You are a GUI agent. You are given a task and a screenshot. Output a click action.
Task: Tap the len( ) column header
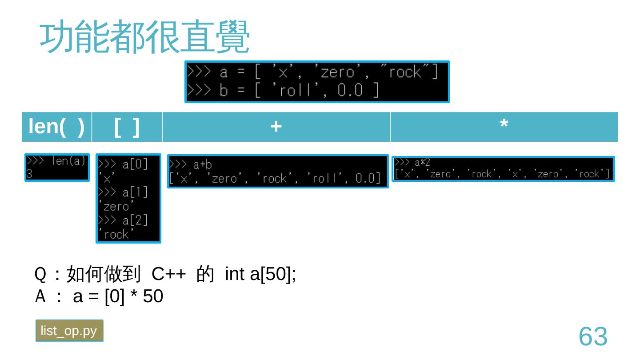click(x=56, y=127)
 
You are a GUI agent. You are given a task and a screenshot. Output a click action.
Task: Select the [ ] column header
click(x=127, y=127)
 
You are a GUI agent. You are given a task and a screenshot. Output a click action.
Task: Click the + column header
click(x=276, y=127)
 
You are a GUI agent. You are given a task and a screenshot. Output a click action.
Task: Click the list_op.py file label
click(x=69, y=331)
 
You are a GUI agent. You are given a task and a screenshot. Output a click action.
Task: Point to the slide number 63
click(x=593, y=336)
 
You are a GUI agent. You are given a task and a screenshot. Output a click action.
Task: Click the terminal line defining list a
click(x=312, y=72)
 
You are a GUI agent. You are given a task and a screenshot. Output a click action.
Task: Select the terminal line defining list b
click(x=283, y=91)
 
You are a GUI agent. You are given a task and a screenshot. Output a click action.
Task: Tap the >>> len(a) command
click(x=56, y=161)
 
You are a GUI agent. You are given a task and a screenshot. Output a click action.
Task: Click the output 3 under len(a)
click(x=29, y=174)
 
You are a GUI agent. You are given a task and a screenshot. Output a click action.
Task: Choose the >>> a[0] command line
click(x=123, y=164)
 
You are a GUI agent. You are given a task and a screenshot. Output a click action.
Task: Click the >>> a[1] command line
click(x=123, y=192)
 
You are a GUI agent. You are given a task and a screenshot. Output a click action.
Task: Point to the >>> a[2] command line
click(x=123, y=220)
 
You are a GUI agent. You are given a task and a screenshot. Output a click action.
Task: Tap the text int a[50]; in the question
click(x=260, y=275)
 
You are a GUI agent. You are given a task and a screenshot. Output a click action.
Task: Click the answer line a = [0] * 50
click(x=118, y=296)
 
